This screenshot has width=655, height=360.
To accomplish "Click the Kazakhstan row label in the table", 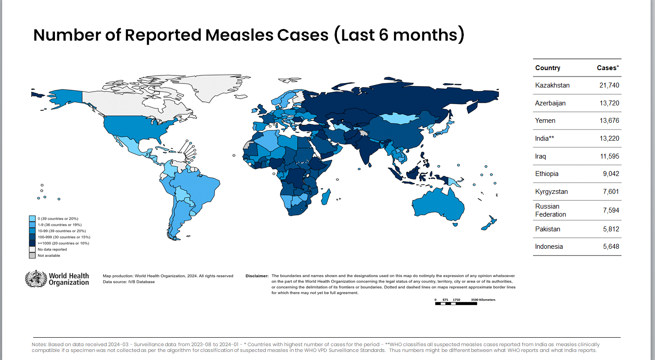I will click(x=552, y=85).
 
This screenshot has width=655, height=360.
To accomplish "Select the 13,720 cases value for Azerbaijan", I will click(x=609, y=103).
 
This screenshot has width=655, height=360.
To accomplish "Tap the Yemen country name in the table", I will click(x=545, y=121).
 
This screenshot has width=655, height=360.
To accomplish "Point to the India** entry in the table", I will click(x=545, y=138).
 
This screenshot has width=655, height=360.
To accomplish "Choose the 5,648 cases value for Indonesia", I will click(x=611, y=247).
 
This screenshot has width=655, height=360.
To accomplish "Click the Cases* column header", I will click(x=608, y=68).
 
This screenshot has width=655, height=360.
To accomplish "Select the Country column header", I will click(x=547, y=68).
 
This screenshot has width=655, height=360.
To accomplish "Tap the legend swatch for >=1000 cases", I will click(x=32, y=243).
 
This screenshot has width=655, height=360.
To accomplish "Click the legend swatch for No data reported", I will click(x=32, y=249).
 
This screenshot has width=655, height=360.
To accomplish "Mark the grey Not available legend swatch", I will click(x=32, y=255).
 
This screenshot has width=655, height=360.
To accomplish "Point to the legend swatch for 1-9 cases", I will click(x=32, y=225).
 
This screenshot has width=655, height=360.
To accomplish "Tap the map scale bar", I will click(x=456, y=304).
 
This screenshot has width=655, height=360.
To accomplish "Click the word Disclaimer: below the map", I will click(x=257, y=276).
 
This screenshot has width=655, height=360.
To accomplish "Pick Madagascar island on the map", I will click(x=327, y=197).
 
